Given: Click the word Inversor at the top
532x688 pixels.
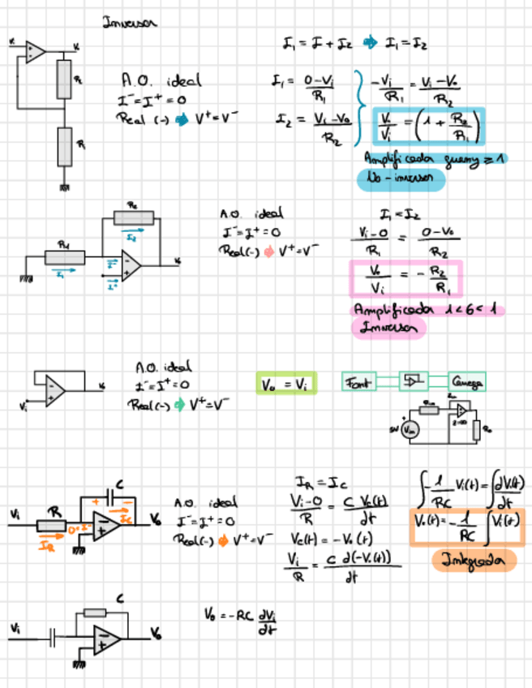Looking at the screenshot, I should [130, 23].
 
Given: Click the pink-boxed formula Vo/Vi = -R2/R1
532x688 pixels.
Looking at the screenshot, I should [405, 278].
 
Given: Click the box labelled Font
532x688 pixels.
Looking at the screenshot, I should [358, 381].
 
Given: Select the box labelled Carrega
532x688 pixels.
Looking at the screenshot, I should [467, 381].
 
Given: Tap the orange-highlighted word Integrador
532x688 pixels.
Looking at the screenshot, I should [474, 560].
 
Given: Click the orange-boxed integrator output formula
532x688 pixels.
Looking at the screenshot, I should [468, 527].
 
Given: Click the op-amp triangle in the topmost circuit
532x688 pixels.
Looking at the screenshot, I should [35, 52].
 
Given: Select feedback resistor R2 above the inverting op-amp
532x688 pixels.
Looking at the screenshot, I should [133, 217].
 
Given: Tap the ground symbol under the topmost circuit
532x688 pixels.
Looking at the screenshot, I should [63, 187].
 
